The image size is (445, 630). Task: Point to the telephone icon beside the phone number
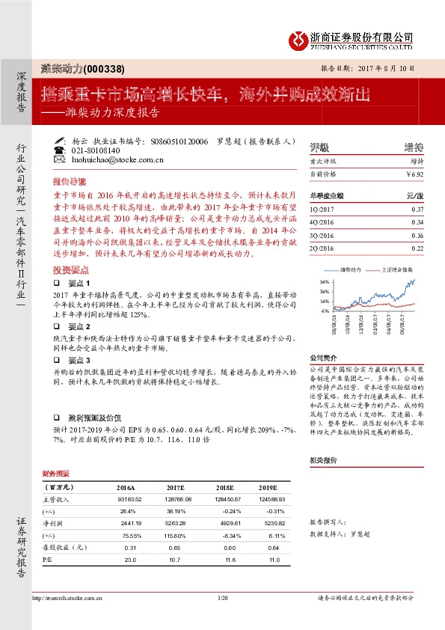click(x=60, y=150)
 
